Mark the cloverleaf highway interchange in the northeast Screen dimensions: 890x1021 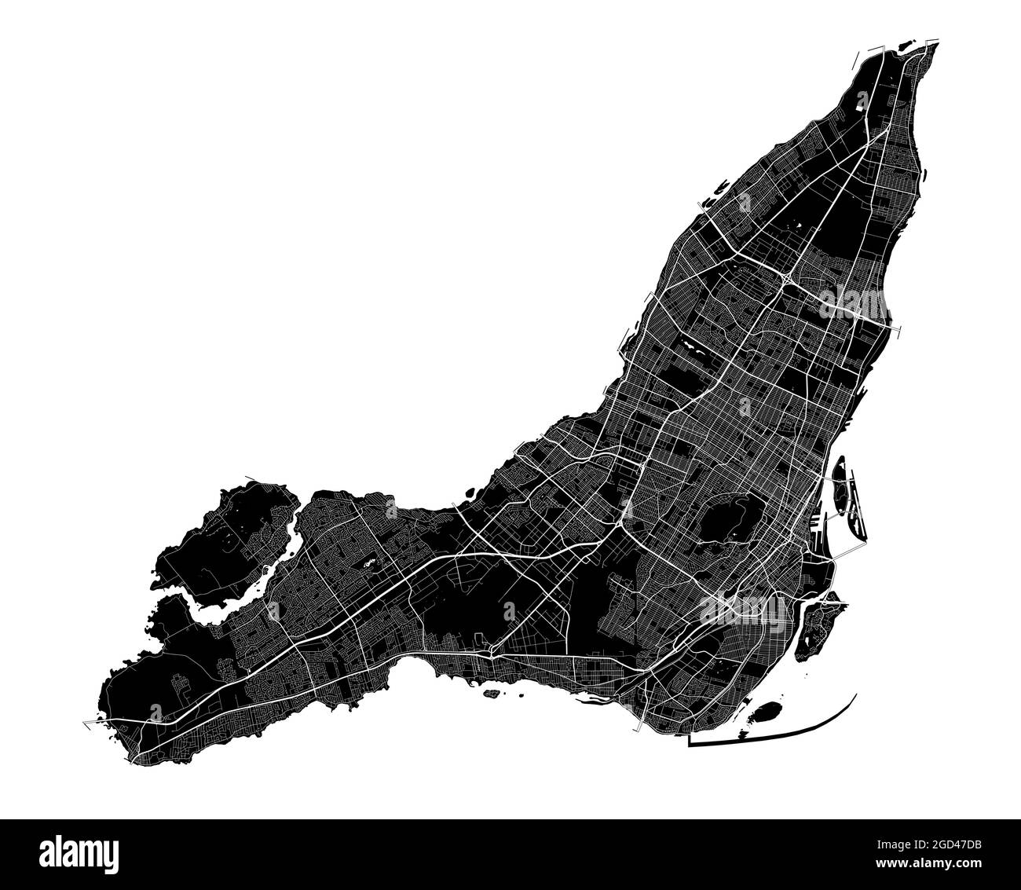785,278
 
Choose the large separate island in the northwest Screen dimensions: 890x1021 228,534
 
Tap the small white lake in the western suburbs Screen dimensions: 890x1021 369,563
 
